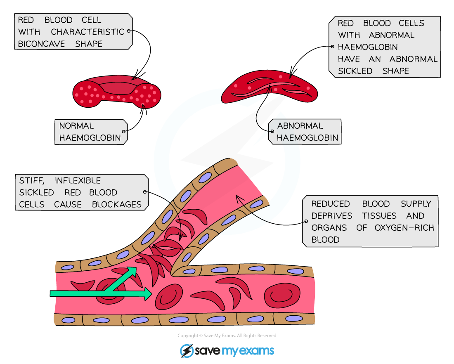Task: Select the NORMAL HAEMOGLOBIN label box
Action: [x=90, y=132]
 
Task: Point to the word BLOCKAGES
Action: [x=117, y=204]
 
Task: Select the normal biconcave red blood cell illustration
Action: [x=117, y=92]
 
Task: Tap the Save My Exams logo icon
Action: [x=187, y=351]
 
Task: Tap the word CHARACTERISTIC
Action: [x=87, y=32]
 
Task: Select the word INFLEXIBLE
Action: [x=78, y=181]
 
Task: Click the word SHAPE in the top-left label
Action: [x=89, y=44]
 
